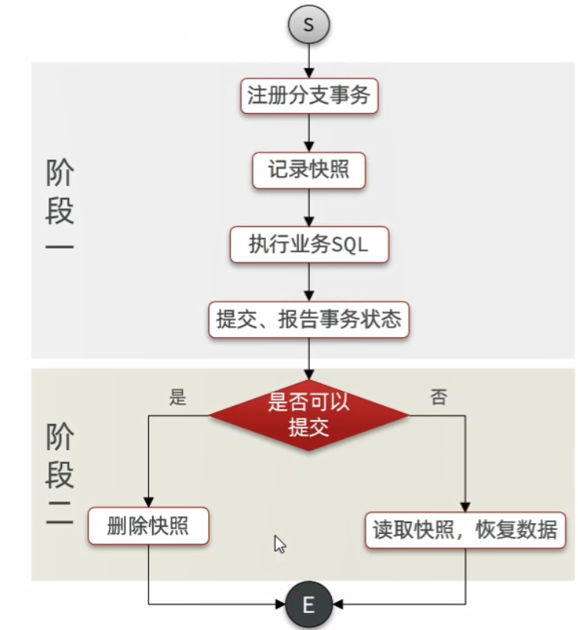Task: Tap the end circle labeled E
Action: point(308,605)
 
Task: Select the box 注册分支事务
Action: point(309,96)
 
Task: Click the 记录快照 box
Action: point(309,170)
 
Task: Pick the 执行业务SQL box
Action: point(309,245)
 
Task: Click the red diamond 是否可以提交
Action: point(309,415)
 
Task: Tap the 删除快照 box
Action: point(148,528)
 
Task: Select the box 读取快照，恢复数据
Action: point(465,531)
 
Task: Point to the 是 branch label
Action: point(178,398)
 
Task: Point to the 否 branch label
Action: point(438,398)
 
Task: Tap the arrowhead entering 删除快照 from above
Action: point(148,502)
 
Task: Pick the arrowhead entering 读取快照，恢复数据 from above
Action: point(465,505)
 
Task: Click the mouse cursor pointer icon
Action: point(280,545)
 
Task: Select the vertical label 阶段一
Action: point(59,208)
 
